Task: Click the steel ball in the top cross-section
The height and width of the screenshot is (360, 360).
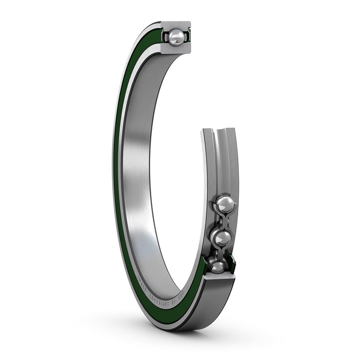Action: [176, 38]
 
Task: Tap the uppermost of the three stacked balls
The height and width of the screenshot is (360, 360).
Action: [225, 204]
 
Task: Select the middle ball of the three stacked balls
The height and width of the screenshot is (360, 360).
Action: [221, 238]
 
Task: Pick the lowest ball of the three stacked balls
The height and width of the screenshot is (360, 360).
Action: [217, 265]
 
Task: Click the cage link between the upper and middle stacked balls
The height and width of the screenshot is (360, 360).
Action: [223, 221]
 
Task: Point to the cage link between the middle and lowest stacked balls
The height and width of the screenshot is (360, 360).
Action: [220, 253]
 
